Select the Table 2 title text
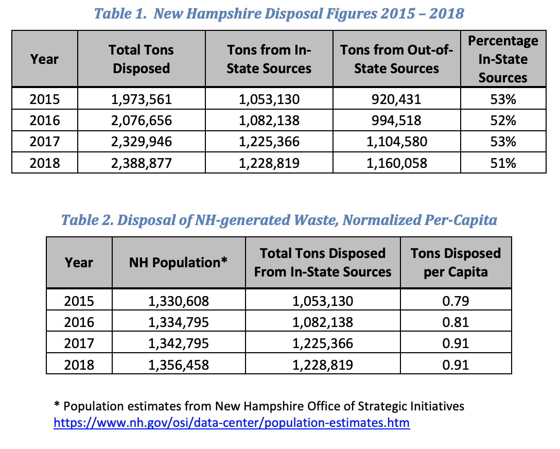279,220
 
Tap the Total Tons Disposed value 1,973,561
141,99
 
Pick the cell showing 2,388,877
141,163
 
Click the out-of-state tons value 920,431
396,99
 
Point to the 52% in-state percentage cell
503,120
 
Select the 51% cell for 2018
503,163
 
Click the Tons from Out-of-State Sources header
396,59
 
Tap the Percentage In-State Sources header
503,59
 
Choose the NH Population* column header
178,262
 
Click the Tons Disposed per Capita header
456,262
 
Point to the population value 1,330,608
178,301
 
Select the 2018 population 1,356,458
178,365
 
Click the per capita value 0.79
456,301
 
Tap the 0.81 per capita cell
456,322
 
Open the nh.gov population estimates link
232,423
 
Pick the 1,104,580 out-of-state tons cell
396,142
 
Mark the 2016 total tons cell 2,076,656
141,120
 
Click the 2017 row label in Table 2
79,343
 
